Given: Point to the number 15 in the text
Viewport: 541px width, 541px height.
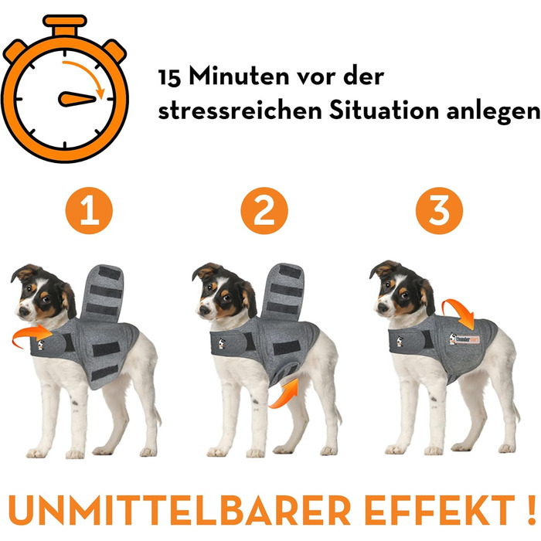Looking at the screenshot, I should pyautogui.click(x=172, y=78).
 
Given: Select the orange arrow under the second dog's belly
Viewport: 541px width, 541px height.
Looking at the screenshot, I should pyautogui.click(x=284, y=391).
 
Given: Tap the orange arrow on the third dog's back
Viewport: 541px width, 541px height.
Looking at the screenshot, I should pyautogui.click(x=466, y=314).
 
